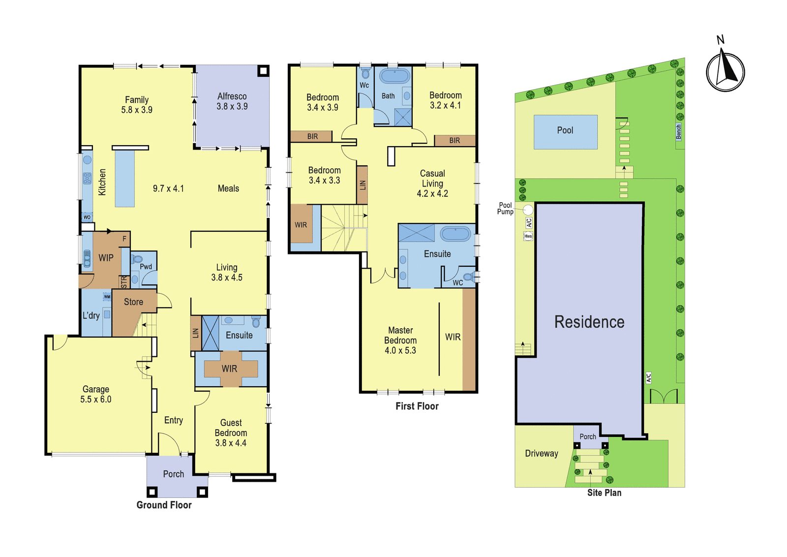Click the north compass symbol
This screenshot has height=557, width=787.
coord(725,70)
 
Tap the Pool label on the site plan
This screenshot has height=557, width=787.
coord(565,130)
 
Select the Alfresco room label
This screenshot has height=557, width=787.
coord(232,96)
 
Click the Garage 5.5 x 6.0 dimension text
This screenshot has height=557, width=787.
coord(95,399)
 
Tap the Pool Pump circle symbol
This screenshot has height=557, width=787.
coord(528,210)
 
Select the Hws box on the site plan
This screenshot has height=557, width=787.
coord(528,236)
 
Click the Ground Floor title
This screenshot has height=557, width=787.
coord(164,505)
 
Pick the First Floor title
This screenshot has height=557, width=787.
coord(417,406)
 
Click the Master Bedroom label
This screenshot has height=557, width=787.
coord(400,335)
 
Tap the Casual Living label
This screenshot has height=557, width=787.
coord(432,179)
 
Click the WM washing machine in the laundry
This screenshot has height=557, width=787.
coord(107,297)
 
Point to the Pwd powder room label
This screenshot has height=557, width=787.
coord(146,267)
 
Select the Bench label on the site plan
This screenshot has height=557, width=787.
coord(679,132)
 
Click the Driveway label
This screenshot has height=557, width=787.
coord(542,453)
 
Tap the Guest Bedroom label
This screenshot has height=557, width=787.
coord(231,428)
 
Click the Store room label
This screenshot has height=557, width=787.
coord(133,302)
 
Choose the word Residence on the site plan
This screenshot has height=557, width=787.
coord(589,322)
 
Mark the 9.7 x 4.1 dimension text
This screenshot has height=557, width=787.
coord(168,189)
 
